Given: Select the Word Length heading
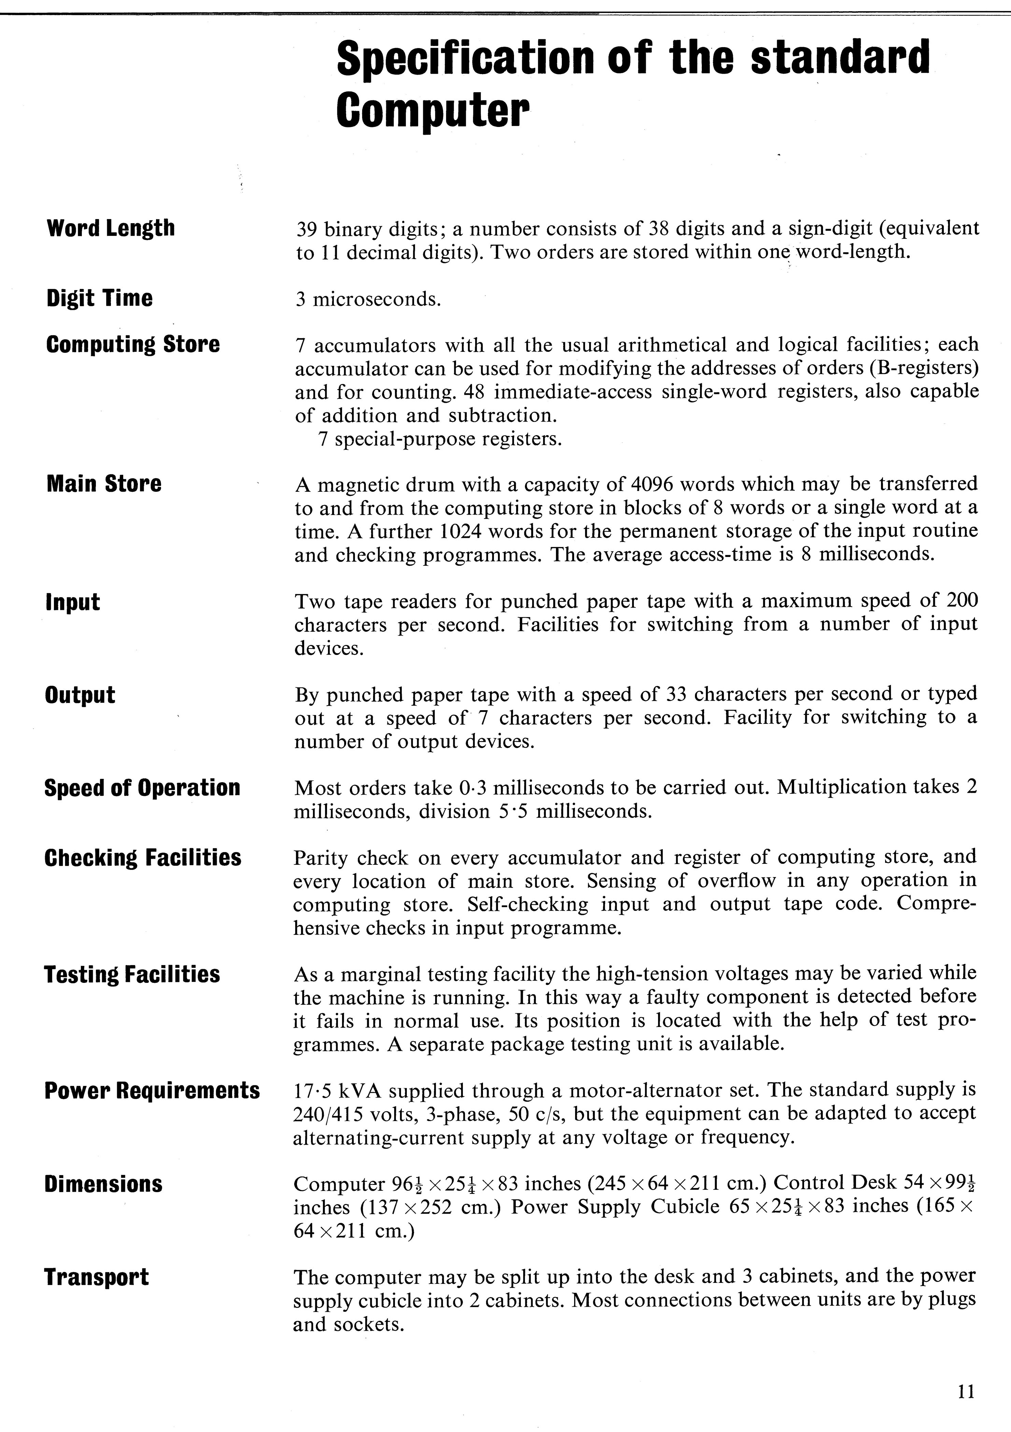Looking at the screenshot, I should coord(110,228).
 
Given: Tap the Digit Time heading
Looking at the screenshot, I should coord(99,298).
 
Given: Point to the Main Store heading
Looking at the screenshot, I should coord(103,483).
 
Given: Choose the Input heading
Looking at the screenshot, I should coord(72,602).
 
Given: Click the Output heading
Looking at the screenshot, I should coord(80,695).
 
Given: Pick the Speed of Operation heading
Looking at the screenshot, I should coord(142,788).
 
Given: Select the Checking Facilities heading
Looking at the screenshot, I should coord(143,858).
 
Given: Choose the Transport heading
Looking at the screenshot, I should coord(97,1277).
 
